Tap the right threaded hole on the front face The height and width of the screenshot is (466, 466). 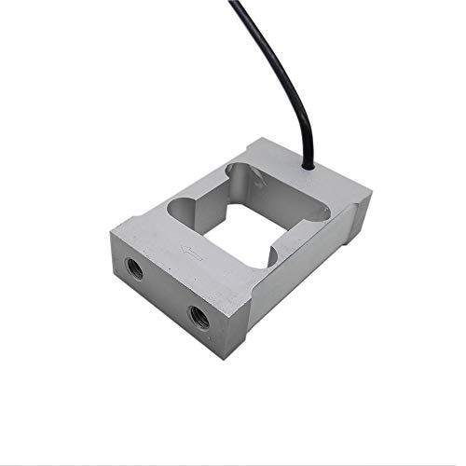pyautogui.click(x=199, y=316)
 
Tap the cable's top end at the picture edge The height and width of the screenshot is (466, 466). pyautogui.click(x=234, y=3)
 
